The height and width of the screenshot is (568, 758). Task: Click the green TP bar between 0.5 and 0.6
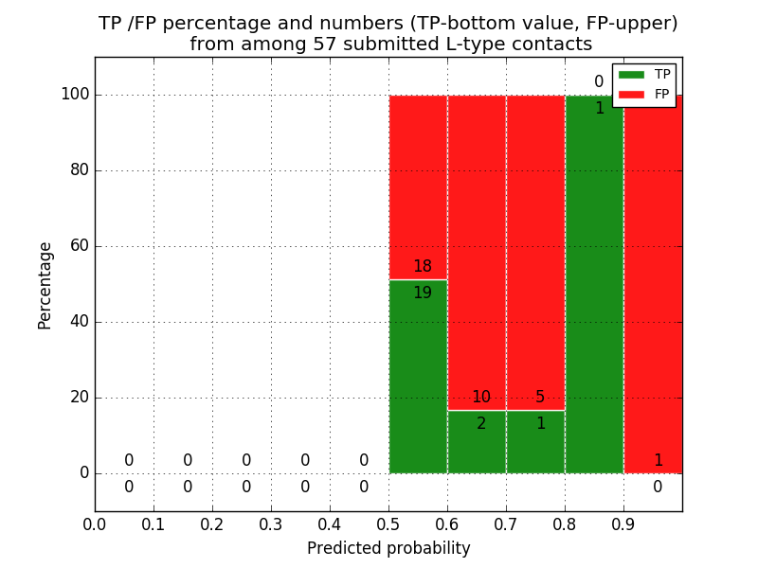click(418, 379)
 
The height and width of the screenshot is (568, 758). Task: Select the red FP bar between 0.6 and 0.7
click(477, 246)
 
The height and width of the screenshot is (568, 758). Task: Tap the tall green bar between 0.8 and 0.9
click(594, 284)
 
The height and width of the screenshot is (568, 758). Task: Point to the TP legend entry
click(644, 74)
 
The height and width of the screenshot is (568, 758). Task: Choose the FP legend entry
click(644, 94)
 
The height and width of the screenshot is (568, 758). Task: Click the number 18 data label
click(422, 267)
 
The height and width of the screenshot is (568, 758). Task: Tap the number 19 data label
click(422, 293)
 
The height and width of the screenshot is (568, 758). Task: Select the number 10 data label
click(481, 398)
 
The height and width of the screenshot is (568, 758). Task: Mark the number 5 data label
click(540, 398)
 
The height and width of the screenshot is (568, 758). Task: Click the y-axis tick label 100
click(75, 95)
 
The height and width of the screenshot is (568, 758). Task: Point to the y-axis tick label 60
click(80, 246)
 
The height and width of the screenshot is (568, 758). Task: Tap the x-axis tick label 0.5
click(388, 524)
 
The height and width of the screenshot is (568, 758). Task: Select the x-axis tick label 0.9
click(623, 524)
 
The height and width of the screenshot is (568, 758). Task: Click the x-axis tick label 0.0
click(95, 524)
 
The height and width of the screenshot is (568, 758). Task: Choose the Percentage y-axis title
click(45, 285)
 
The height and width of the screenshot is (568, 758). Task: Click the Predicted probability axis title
click(388, 548)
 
